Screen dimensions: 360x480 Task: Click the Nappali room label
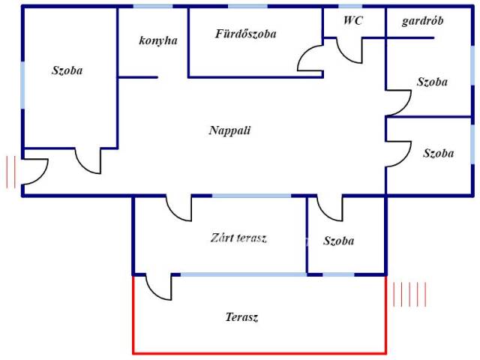click(x=229, y=130)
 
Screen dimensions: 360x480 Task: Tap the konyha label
click(x=158, y=40)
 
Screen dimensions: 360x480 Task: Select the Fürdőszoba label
click(x=246, y=34)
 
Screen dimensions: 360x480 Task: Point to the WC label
click(x=353, y=21)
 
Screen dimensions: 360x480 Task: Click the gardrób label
click(x=422, y=21)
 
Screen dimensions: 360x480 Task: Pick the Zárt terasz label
click(x=238, y=238)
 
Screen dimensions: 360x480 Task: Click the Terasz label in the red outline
click(x=241, y=317)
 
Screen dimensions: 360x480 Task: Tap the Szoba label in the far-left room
click(x=67, y=70)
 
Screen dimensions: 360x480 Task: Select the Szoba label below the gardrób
click(x=432, y=82)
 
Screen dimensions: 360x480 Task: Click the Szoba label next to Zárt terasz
click(x=339, y=241)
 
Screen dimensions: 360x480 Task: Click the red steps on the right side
click(x=409, y=293)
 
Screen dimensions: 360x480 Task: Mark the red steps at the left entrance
click(x=10, y=172)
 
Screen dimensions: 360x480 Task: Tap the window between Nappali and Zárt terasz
click(x=251, y=196)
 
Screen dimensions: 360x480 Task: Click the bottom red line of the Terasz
click(x=259, y=352)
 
